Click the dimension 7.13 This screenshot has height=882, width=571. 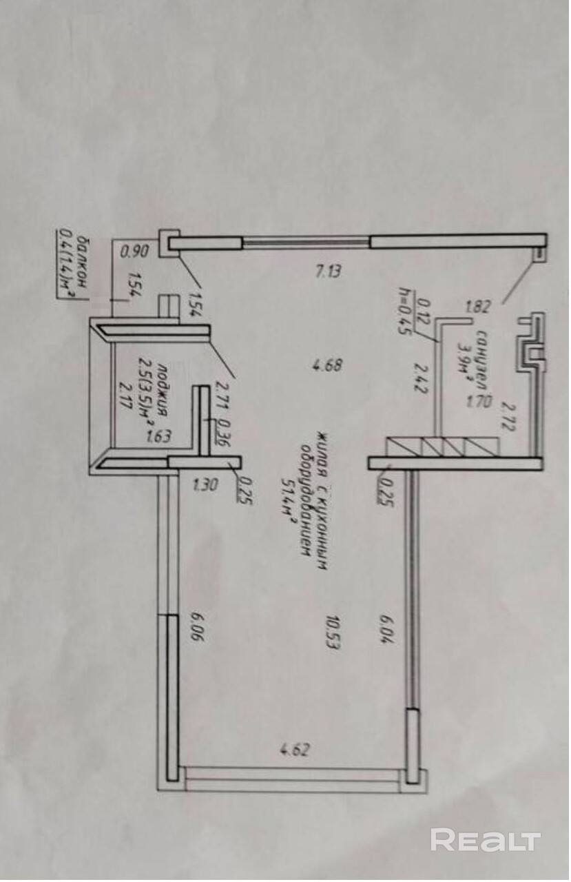[x=327, y=271]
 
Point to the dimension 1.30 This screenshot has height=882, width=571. [x=205, y=484]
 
